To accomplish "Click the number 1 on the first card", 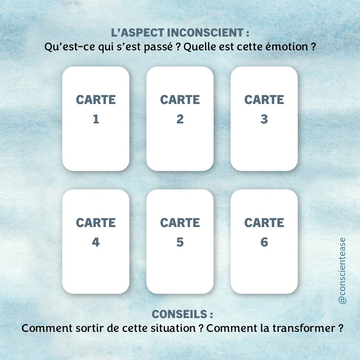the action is click(96, 119).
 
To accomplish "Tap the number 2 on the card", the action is click(180, 119).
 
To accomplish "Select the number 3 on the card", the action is click(264, 119).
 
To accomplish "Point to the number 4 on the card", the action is click(96, 242).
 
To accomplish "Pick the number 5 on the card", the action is click(180, 242).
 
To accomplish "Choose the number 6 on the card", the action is click(264, 242).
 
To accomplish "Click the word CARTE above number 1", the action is click(96, 100).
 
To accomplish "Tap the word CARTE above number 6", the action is click(264, 223).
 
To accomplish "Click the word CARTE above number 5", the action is click(180, 223).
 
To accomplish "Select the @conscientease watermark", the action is click(342, 271).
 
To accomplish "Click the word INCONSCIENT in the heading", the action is click(205, 33).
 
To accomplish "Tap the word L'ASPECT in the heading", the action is click(138, 33).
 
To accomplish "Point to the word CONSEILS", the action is click(179, 314).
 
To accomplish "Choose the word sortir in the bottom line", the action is click(90, 328).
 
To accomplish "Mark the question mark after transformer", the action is click(341, 328).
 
